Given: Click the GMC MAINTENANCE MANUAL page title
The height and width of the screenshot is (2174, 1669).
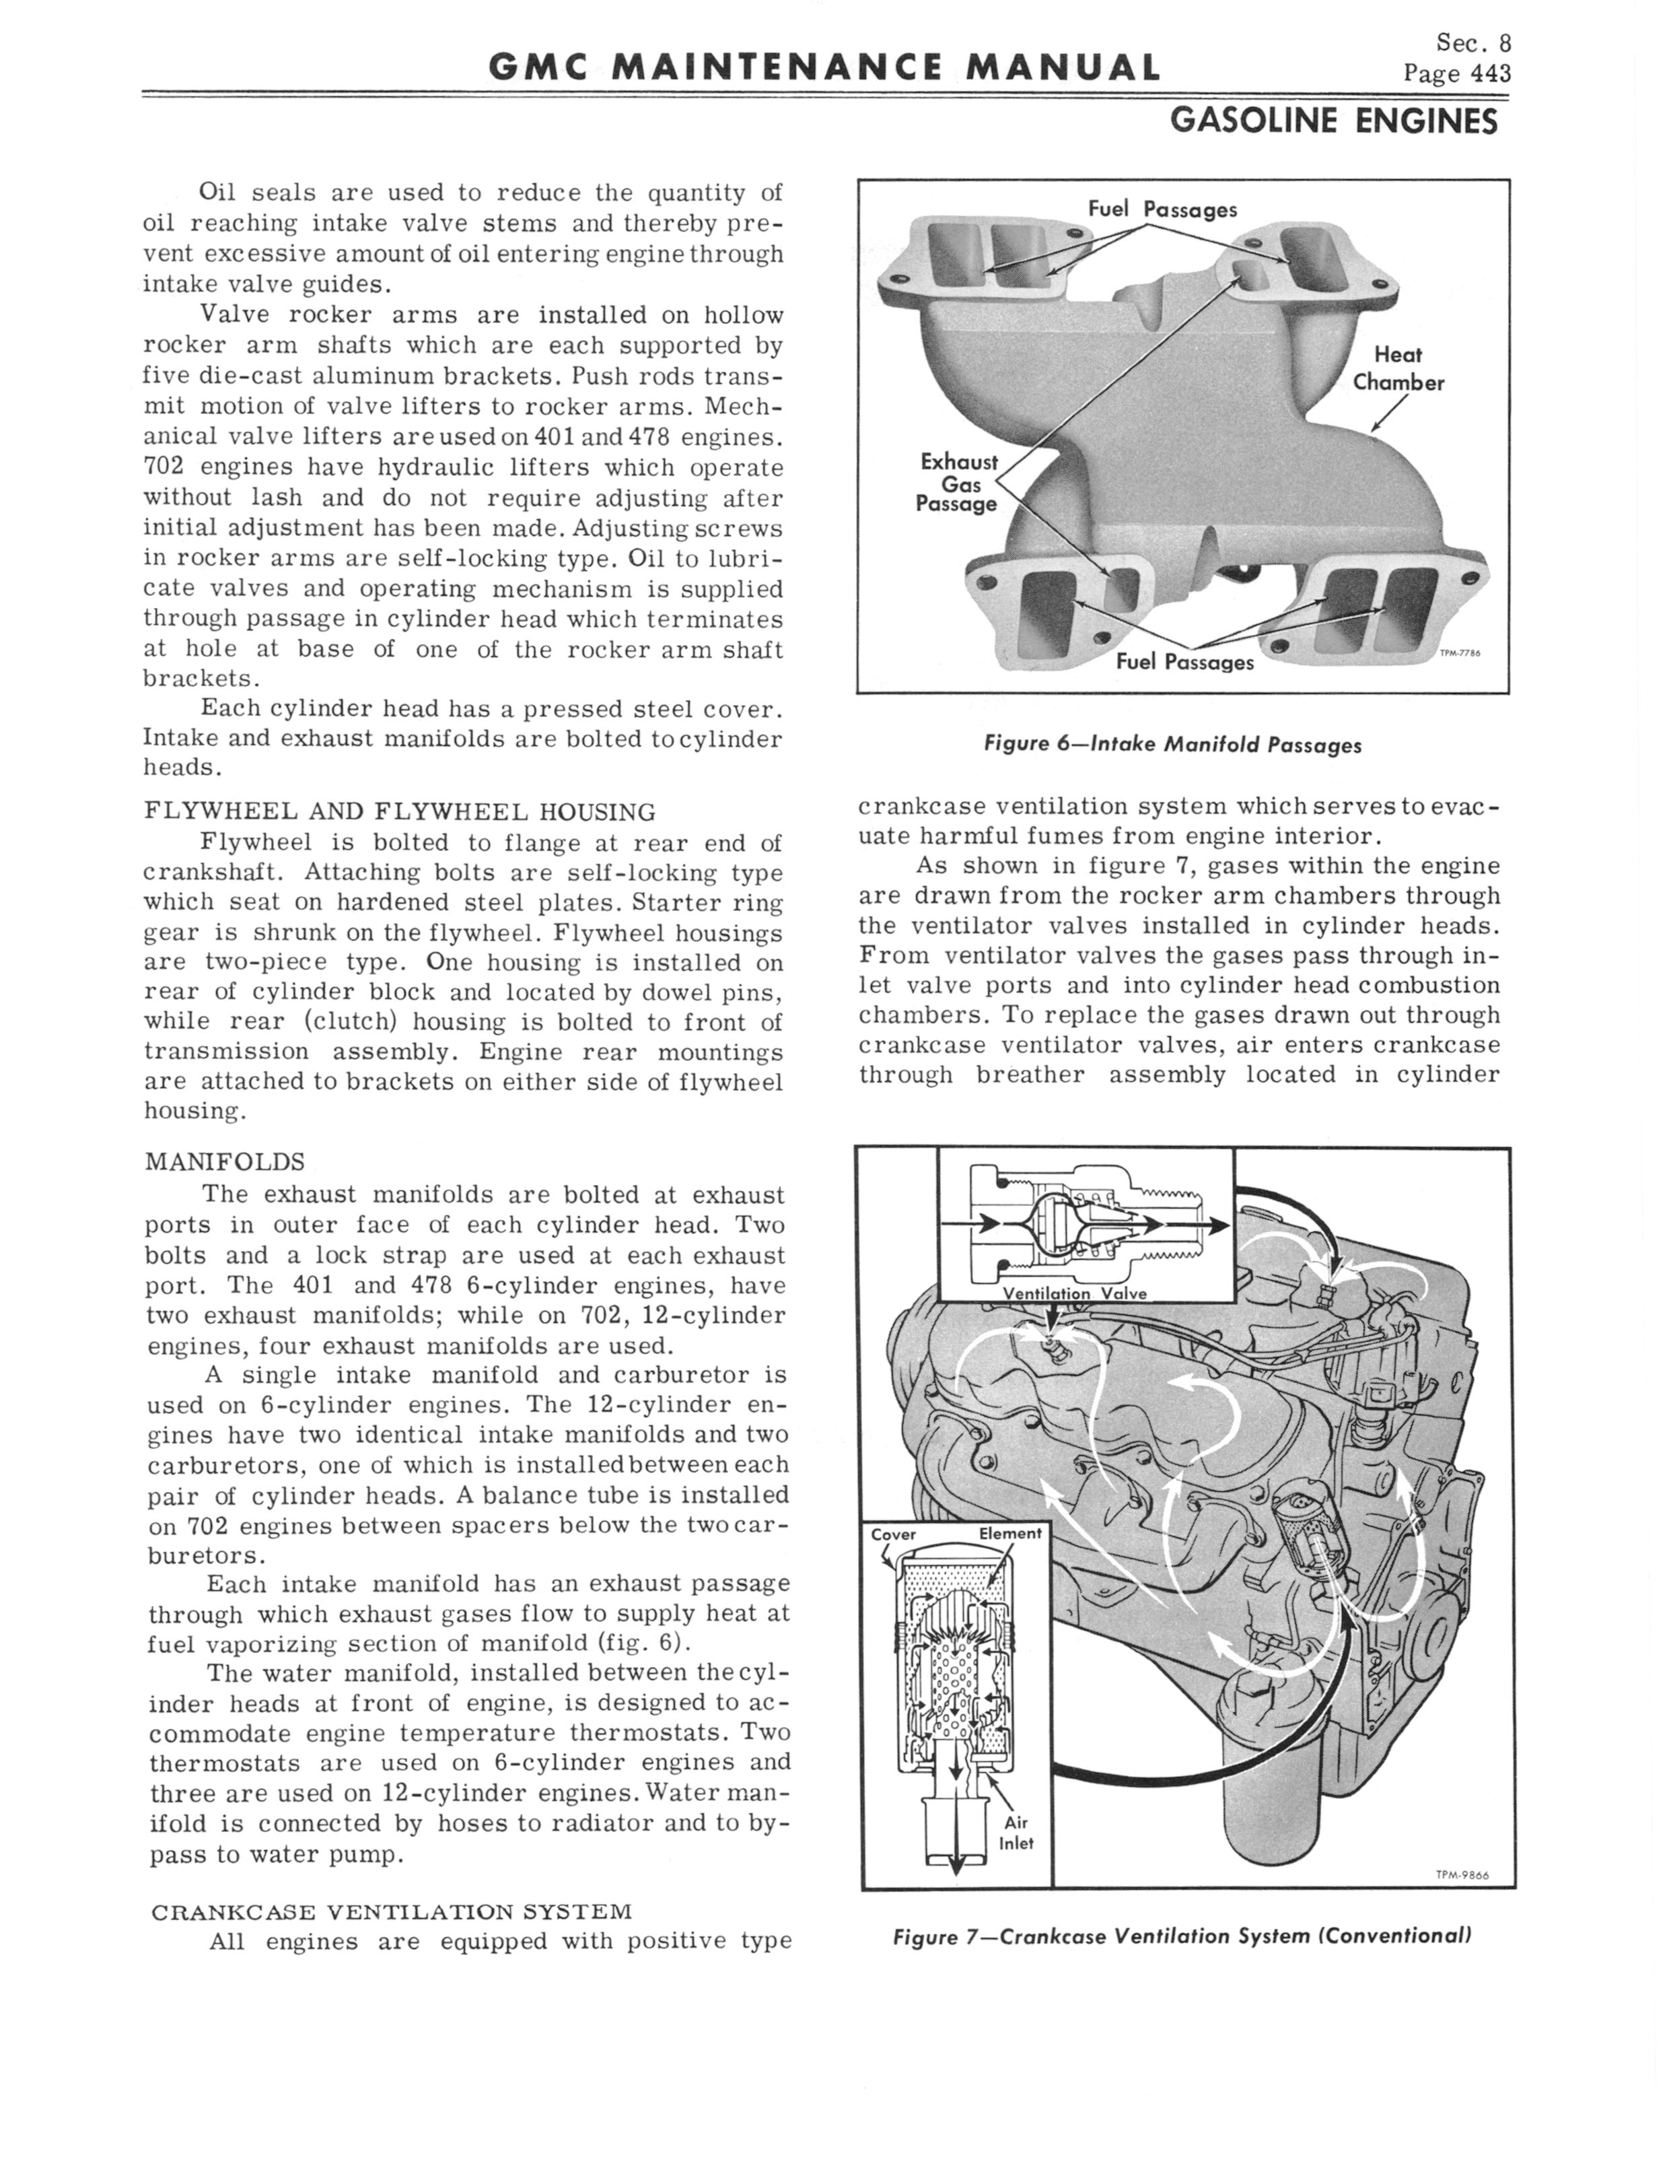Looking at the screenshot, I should (x=824, y=67).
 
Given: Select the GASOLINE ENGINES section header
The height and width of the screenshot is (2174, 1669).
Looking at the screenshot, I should (x=1333, y=121).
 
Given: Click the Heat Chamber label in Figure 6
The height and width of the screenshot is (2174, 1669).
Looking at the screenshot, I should (x=1398, y=369).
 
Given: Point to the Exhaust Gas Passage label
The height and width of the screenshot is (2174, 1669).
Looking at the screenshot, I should (x=958, y=483).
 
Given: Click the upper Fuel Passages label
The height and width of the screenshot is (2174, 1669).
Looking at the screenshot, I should (x=1162, y=209).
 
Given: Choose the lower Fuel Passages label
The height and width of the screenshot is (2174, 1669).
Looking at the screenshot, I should (x=1184, y=662).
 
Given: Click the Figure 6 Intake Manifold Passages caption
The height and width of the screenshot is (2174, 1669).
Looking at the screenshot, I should (x=1172, y=744).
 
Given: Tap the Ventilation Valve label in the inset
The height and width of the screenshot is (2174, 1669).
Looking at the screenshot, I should (x=1074, y=1293).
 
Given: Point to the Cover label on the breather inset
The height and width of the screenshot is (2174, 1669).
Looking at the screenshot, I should (x=893, y=1534).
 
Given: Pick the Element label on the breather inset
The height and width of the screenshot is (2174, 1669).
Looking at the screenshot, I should (x=1009, y=1533).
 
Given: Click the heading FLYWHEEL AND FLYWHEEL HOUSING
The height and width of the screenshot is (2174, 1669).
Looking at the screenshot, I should (x=399, y=812).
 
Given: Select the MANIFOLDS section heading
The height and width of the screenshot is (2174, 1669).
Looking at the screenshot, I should (x=225, y=1161).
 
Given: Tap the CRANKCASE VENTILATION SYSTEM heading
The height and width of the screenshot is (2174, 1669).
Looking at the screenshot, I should (x=392, y=1911).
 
